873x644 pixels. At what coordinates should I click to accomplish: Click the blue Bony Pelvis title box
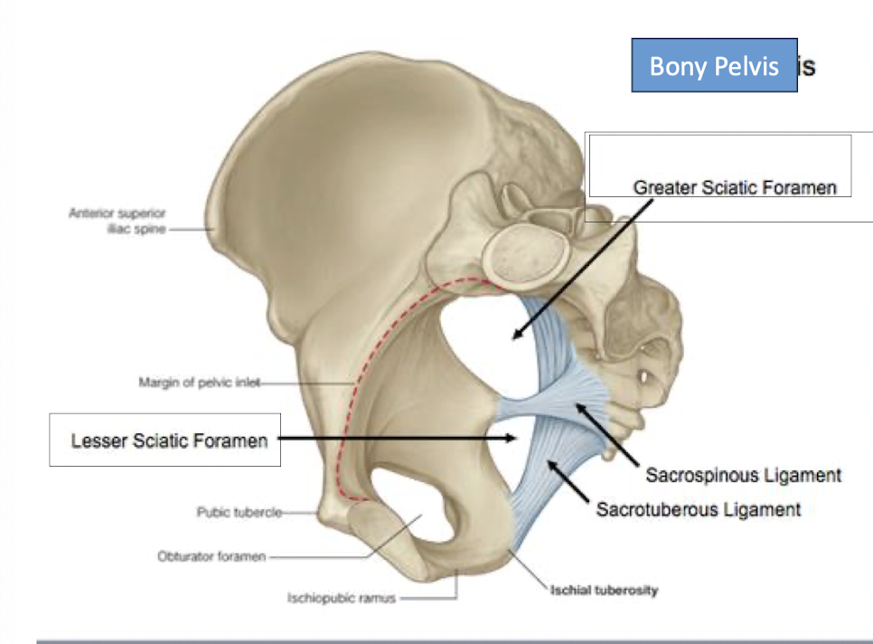coord(714,65)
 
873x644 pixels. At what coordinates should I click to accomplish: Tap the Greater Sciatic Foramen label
coord(735,187)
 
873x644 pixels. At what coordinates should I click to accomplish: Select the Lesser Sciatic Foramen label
coord(169,440)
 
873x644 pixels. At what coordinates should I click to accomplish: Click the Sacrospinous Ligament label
coord(743,475)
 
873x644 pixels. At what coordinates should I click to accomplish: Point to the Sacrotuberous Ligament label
coord(698,510)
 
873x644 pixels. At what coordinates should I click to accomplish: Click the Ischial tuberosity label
coord(604,591)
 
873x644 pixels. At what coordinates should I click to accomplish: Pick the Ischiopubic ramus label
coord(341,598)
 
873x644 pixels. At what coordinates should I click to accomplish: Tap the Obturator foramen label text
coord(211,556)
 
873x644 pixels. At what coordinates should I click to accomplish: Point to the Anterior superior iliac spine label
coord(117,221)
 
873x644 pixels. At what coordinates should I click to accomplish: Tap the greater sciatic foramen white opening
coord(479,344)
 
